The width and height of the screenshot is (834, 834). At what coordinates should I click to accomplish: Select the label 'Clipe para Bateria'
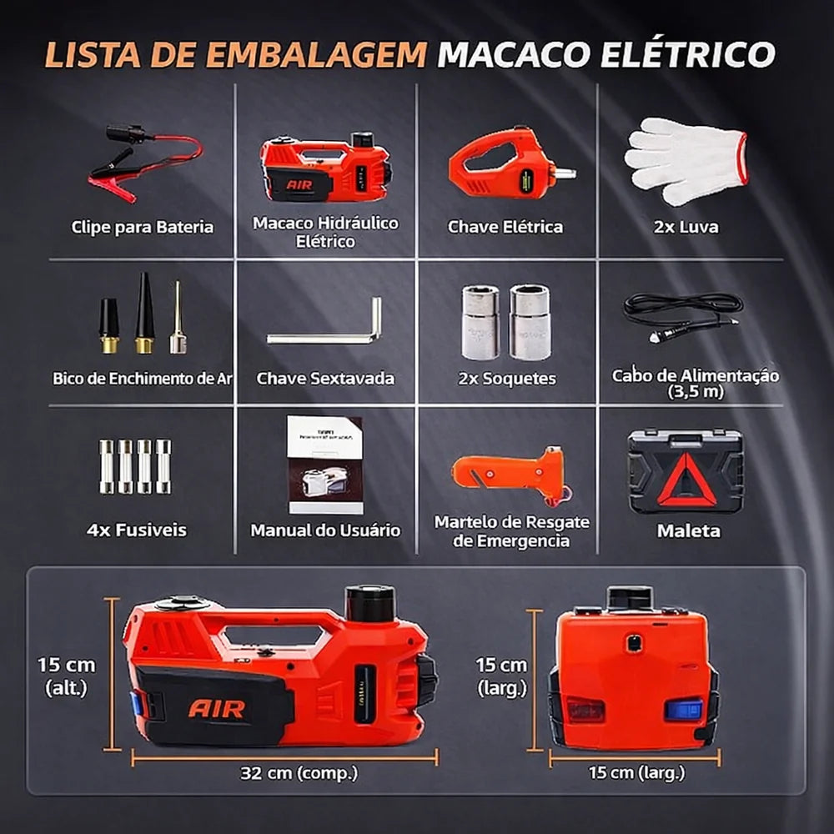[142, 227]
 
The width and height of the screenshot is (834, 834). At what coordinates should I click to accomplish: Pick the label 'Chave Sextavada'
[325, 379]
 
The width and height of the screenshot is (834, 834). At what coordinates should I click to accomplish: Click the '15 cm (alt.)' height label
[66, 676]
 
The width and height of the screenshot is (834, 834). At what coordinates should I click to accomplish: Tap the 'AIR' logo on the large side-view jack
[217, 710]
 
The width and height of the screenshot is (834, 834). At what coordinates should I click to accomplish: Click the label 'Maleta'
[688, 530]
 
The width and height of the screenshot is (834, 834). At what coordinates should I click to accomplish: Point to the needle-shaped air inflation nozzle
[178, 319]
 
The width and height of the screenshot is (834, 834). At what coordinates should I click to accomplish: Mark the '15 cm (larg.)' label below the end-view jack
[636, 773]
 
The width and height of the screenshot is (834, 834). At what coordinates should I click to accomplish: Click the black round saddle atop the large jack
[369, 602]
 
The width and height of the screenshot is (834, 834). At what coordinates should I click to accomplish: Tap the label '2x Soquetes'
[507, 379]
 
